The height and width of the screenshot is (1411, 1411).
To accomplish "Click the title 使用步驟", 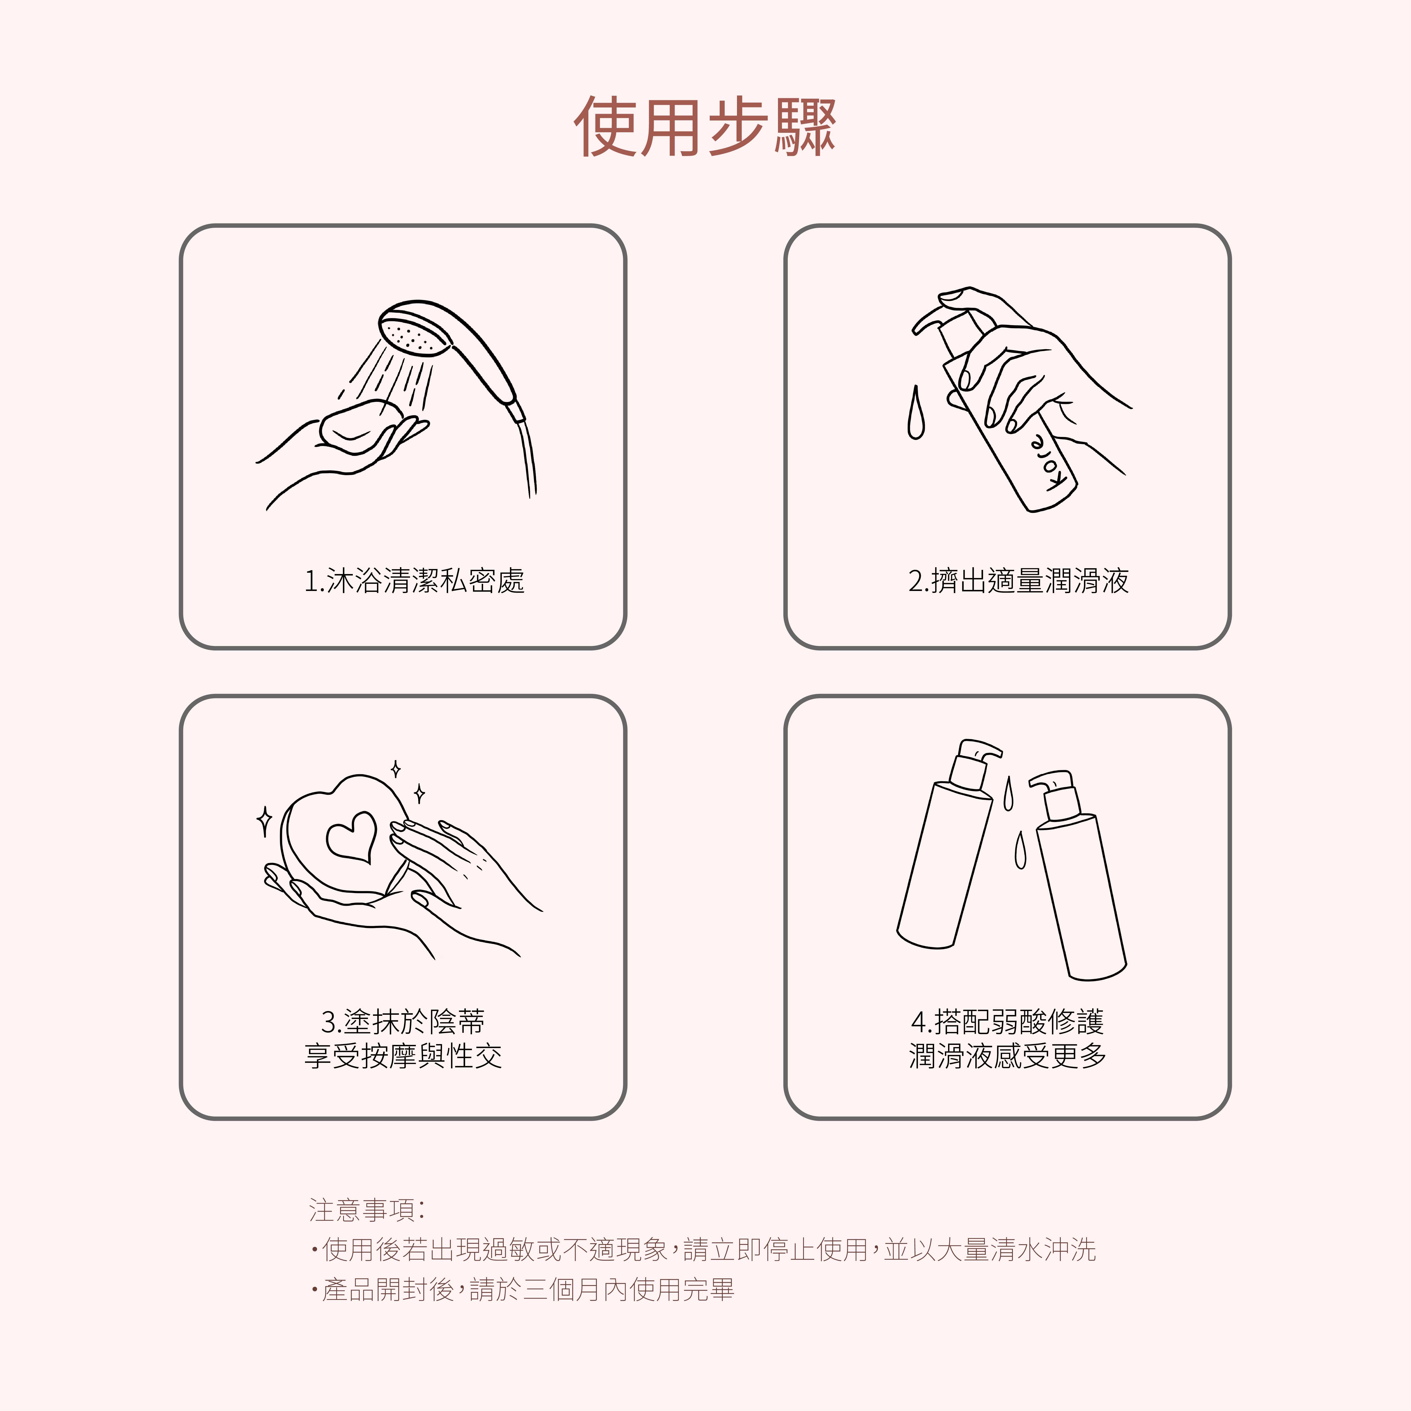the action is click(705, 126).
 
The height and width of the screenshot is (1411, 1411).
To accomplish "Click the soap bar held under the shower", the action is click(360, 426).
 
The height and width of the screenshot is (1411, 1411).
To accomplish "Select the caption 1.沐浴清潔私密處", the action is click(414, 581).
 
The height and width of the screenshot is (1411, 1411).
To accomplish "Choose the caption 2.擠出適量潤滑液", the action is click(1018, 581).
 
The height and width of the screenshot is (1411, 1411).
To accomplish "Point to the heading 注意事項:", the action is click(367, 1210).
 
